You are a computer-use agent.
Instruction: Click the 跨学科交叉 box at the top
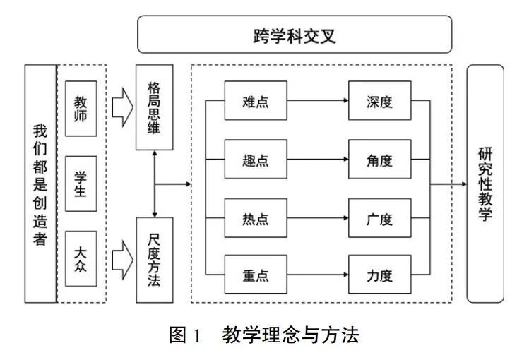pos(294,35)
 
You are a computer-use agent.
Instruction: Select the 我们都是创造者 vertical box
pos(40,184)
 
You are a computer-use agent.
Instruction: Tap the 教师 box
pos(81,109)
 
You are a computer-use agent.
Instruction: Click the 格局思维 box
pos(154,107)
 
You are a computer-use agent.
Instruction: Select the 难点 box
pos(255,102)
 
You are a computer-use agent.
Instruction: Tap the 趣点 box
pos(255,160)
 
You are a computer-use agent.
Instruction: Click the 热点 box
pos(255,219)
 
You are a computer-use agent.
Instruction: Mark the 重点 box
pos(255,276)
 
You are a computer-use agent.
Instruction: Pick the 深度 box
pos(379,102)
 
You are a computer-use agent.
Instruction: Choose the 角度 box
pos(379,160)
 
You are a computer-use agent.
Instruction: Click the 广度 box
pos(379,219)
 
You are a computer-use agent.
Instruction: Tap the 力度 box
pos(379,276)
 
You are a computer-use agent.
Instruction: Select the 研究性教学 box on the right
pos(485,184)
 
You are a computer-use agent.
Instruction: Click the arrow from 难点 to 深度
pos(317,102)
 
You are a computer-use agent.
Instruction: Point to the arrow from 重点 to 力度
pos(317,276)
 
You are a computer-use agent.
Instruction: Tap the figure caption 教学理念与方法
pos(290,334)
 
